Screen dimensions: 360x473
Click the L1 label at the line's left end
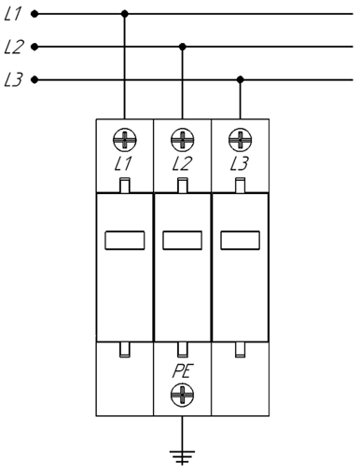[x=12, y=14]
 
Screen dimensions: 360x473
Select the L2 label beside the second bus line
[x=13, y=48]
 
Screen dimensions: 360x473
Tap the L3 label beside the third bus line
[x=13, y=80]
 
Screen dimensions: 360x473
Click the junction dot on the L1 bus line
[x=125, y=14]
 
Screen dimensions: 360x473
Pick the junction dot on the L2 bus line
[x=183, y=47]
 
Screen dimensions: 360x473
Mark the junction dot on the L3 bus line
[x=240, y=79]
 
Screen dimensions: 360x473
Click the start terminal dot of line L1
[x=35, y=14]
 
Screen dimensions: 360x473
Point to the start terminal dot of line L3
[x=35, y=80]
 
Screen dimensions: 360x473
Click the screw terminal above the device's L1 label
[x=125, y=140]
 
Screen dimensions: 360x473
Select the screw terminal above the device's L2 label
[x=183, y=140]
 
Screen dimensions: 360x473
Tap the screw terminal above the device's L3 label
[x=240, y=140]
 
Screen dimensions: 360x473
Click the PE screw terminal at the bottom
[x=183, y=395]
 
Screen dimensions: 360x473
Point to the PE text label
[x=183, y=371]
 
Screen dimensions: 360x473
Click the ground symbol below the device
[x=183, y=457]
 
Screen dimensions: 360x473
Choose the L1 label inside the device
[x=123, y=164]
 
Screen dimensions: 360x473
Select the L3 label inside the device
[x=240, y=164]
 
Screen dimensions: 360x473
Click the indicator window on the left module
[x=125, y=240]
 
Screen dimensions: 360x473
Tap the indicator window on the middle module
[x=183, y=240]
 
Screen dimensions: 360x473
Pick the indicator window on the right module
[x=240, y=240]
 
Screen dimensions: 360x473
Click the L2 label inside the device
[x=182, y=164]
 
